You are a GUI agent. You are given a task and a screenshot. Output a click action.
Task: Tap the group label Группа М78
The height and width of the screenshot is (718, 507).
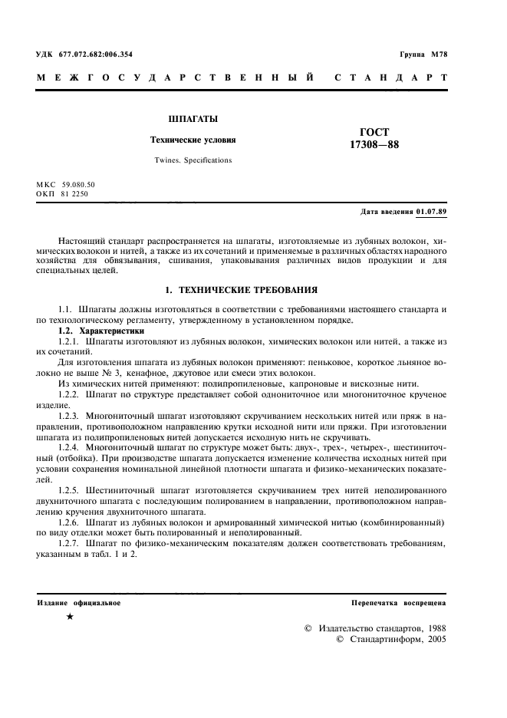[x=423, y=54]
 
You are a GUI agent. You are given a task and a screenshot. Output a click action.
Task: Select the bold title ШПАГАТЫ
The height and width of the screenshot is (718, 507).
[x=193, y=119]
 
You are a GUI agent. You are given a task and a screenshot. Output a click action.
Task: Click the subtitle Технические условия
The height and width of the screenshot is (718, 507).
[x=193, y=140]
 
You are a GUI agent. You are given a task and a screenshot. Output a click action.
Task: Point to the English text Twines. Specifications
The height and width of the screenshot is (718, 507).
[x=193, y=160]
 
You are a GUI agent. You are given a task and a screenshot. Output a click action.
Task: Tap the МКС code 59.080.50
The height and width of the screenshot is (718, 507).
[x=78, y=185]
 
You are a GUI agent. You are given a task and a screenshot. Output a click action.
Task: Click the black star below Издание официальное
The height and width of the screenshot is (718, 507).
[x=71, y=617]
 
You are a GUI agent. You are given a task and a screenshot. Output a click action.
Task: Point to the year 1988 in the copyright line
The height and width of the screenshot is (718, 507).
[x=433, y=627]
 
